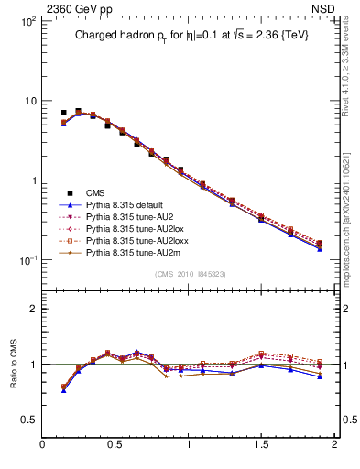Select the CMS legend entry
(96, 192)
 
